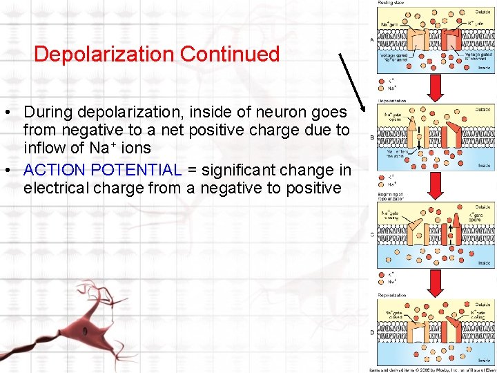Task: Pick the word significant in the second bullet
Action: pos(239,170)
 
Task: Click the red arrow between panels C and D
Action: pos(436,282)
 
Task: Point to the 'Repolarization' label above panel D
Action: pos(393,295)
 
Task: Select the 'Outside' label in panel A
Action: pos(483,12)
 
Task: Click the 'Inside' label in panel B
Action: pos(484,164)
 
